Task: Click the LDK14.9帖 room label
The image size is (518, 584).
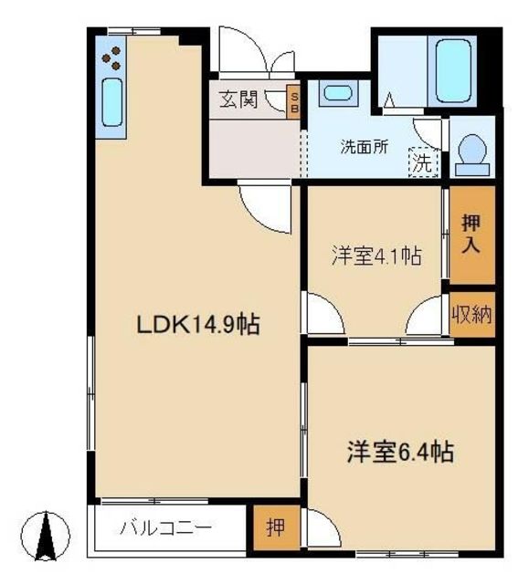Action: tap(198, 325)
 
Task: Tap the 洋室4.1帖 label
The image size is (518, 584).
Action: tap(376, 256)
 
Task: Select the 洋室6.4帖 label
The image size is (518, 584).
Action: tap(400, 452)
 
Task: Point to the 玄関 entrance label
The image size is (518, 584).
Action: tap(238, 99)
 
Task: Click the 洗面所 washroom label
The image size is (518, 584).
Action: tap(364, 147)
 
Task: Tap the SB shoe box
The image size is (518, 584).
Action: tap(293, 102)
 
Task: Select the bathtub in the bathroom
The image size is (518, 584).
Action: tap(453, 71)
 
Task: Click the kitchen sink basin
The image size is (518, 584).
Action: tap(111, 102)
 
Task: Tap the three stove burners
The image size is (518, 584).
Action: tap(111, 58)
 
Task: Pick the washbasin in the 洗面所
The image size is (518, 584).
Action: tap(338, 93)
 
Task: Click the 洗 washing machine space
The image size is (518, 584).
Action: tap(423, 162)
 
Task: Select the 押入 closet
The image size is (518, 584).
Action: tap(471, 235)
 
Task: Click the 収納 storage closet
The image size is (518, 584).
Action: tap(471, 315)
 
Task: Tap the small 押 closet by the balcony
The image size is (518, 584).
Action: tap(276, 527)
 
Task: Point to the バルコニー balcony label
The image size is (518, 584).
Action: tap(165, 527)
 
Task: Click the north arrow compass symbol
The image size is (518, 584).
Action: tap(46, 536)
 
